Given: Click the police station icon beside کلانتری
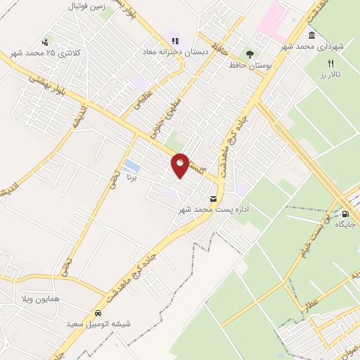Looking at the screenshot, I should click(46, 42).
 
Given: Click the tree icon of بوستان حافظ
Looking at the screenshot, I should click(250, 53).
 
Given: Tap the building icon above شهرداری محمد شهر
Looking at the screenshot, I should click(311, 35).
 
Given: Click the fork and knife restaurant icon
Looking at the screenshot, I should click(330, 63).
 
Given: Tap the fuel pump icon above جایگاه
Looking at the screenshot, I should click(345, 213).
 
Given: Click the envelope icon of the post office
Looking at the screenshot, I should click(214, 198).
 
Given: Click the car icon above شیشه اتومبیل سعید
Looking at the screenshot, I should click(98, 312).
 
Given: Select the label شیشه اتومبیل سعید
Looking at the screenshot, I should click(98, 323).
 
